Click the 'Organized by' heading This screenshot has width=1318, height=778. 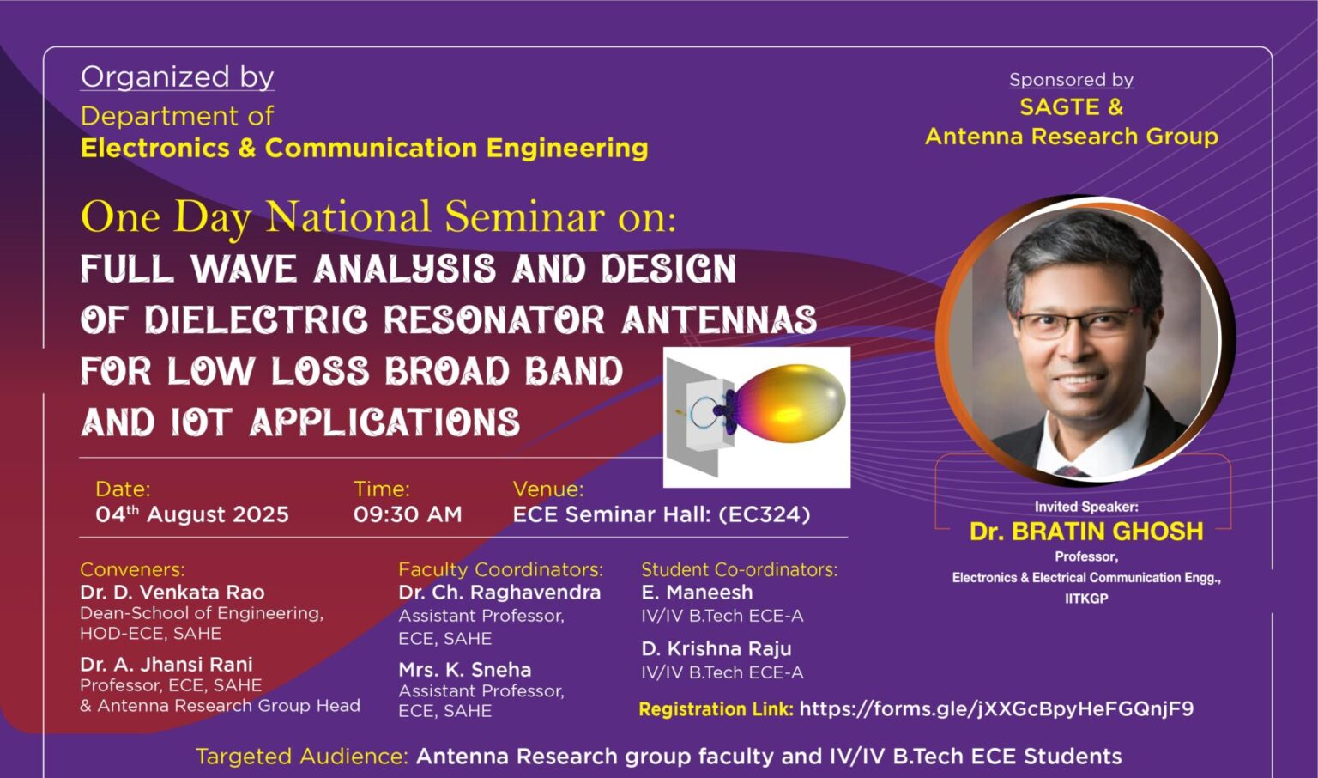(177, 78)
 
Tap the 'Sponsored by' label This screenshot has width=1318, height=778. (1072, 80)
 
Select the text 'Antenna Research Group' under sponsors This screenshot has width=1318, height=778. (1072, 137)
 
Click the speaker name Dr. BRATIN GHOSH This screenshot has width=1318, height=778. (1086, 532)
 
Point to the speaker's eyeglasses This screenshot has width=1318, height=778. (1079, 323)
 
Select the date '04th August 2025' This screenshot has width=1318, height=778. (192, 514)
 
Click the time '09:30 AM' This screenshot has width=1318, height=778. (408, 514)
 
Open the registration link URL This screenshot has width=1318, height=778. (996, 708)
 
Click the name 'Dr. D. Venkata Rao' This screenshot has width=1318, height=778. (172, 592)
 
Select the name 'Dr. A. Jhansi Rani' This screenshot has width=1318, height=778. (166, 665)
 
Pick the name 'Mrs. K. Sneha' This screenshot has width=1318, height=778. (465, 670)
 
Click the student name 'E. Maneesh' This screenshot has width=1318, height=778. (698, 592)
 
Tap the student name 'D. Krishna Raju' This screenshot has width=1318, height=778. (716, 648)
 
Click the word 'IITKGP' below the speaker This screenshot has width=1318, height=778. (1086, 599)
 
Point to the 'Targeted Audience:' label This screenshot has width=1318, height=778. (302, 757)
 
